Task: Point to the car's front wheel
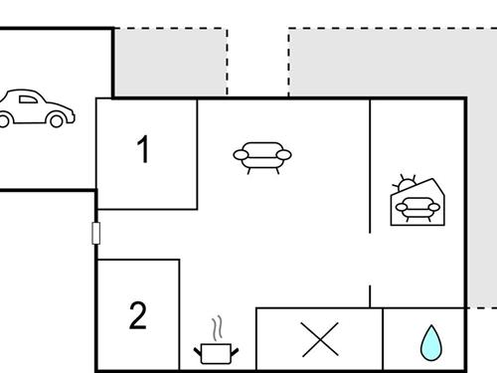[x=58, y=119]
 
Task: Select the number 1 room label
[x=144, y=151]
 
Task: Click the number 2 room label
[x=138, y=316]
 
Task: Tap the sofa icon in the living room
[x=262, y=156]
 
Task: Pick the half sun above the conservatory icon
[x=402, y=185]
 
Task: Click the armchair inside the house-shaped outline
[x=415, y=208]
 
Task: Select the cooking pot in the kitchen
[x=215, y=351]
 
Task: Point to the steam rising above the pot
[x=217, y=328]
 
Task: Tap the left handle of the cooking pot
[x=197, y=348]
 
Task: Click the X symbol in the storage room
[x=319, y=340]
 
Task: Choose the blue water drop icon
[x=430, y=342]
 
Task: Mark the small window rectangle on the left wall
[x=96, y=234]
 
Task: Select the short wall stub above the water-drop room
[x=370, y=296]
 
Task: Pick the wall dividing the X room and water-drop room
[x=383, y=338]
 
